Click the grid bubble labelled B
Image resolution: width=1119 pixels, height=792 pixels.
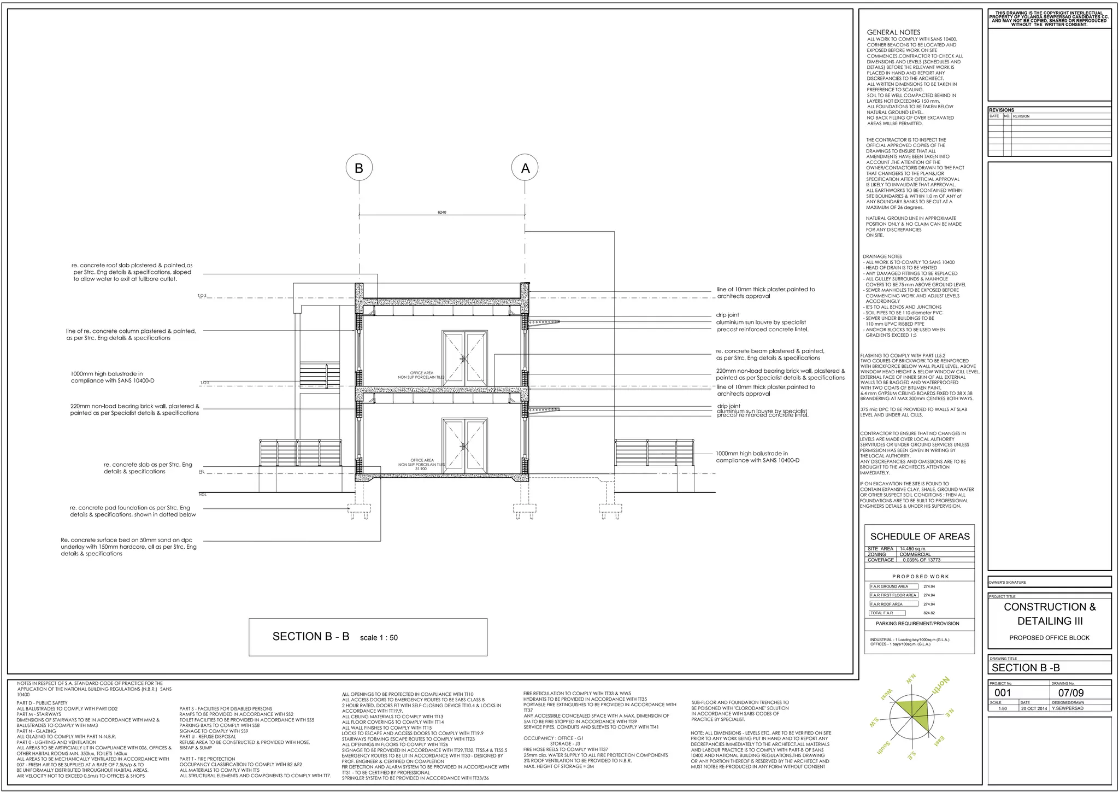(x=359, y=168)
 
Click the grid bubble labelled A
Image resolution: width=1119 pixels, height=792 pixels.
(x=525, y=168)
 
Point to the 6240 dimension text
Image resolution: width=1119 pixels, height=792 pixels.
(x=442, y=212)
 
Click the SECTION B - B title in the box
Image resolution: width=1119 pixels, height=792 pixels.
(x=311, y=636)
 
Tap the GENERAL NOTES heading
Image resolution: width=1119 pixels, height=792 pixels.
(x=893, y=32)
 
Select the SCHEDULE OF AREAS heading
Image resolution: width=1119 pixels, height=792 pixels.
(x=920, y=537)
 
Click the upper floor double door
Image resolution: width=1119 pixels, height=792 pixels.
(x=464, y=359)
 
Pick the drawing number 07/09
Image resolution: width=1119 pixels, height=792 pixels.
(x=1071, y=694)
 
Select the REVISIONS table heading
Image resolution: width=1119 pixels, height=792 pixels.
(x=1002, y=110)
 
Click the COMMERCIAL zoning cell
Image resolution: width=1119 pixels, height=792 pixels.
(x=915, y=554)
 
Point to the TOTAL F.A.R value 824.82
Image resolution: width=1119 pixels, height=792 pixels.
(x=929, y=613)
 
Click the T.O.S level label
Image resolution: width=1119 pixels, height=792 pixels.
(x=202, y=296)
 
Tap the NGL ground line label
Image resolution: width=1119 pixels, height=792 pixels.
(x=203, y=495)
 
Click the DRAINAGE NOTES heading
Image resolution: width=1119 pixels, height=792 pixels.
(x=882, y=256)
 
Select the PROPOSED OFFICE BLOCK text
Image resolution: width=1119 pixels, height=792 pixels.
(x=1049, y=638)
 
